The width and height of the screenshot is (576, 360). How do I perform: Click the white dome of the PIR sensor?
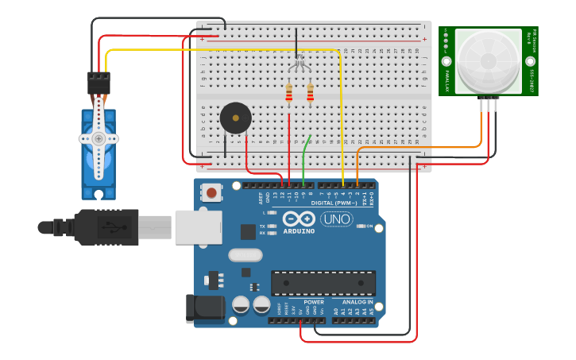click(488, 62)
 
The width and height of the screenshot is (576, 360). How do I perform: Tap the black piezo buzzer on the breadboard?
click(235, 118)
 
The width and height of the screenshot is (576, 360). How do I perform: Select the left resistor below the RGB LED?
click(288, 94)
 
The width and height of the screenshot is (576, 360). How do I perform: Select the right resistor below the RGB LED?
click(310, 94)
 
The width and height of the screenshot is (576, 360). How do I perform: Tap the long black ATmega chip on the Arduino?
click(323, 283)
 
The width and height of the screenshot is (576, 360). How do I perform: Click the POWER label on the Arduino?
click(314, 302)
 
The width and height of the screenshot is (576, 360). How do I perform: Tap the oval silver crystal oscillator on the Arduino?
click(245, 255)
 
